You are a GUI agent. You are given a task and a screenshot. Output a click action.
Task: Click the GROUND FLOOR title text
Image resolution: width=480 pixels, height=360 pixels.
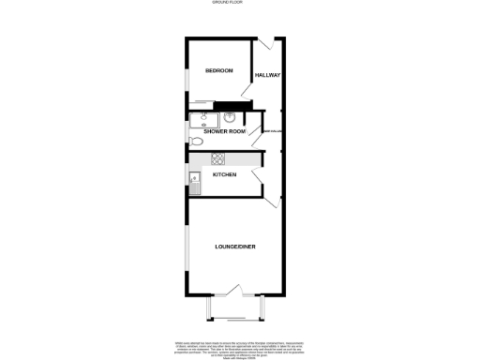click(239, 4)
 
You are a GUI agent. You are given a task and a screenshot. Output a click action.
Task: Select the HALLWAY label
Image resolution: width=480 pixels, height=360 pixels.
click(268, 74)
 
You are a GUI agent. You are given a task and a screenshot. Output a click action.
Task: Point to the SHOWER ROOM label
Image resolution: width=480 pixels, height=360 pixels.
click(225, 132)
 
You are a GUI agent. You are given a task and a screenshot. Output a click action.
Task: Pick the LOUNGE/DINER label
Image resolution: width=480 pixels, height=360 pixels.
click(234, 247)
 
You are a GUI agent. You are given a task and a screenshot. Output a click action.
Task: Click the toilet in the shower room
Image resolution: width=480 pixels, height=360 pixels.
click(194, 141)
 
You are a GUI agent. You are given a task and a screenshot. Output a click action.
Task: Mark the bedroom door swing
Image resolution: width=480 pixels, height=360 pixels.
click(247, 92)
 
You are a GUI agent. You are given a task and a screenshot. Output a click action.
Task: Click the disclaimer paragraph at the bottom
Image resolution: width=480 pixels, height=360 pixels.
click(239, 348)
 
